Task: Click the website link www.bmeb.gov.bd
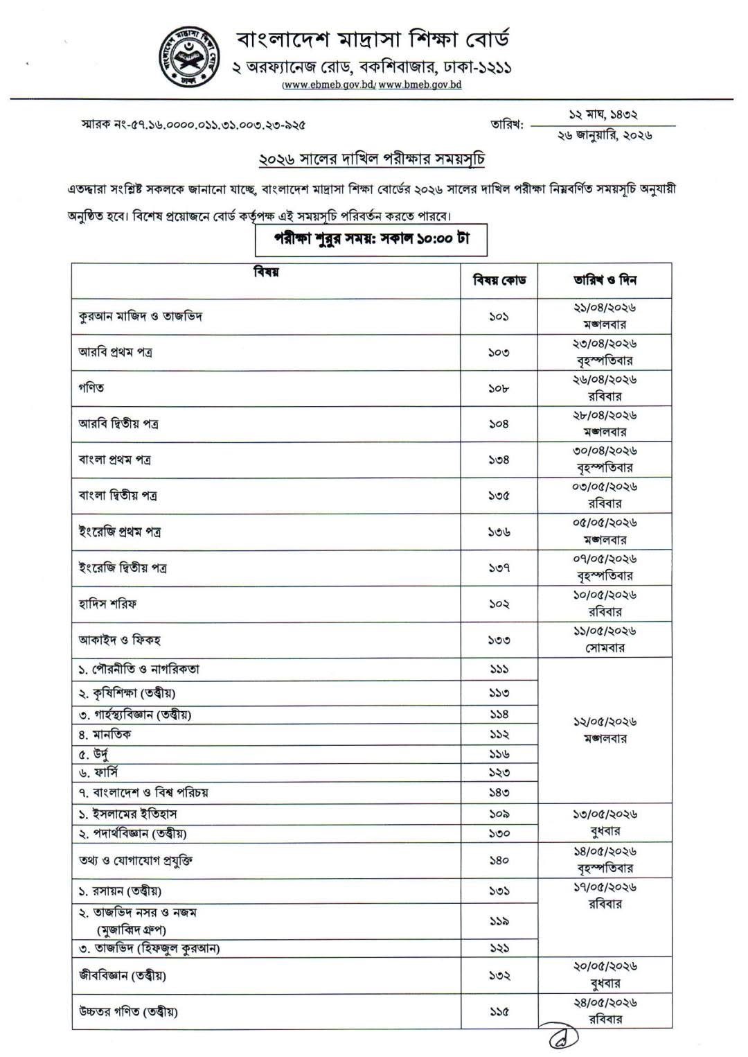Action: [420, 85]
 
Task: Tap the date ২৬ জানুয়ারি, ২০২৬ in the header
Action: [605, 136]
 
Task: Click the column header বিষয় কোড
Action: [499, 280]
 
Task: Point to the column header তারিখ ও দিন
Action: [605, 280]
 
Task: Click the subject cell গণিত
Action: [91, 388]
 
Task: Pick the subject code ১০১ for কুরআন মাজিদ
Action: [499, 317]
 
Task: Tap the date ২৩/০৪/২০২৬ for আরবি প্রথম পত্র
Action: [605, 344]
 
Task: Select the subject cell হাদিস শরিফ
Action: [107, 604]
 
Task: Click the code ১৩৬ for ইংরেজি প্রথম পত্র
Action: [499, 532]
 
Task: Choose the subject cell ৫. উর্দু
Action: [93, 754]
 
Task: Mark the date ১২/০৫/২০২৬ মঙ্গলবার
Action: [605, 730]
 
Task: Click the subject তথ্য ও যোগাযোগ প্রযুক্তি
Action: [135, 860]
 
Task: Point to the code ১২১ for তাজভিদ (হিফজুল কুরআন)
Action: [499, 947]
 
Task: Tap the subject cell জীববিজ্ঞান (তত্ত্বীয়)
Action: [122, 975]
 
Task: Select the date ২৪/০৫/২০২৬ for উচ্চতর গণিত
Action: [605, 1002]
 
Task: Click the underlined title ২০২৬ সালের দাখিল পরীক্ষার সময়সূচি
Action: [371, 159]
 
